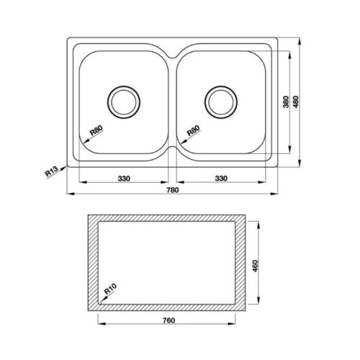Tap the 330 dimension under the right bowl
[222, 177]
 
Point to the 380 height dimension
[285, 103]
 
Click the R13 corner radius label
[50, 173]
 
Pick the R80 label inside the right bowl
[193, 132]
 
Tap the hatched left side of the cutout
[92, 265]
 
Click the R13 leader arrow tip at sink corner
[67, 165]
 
